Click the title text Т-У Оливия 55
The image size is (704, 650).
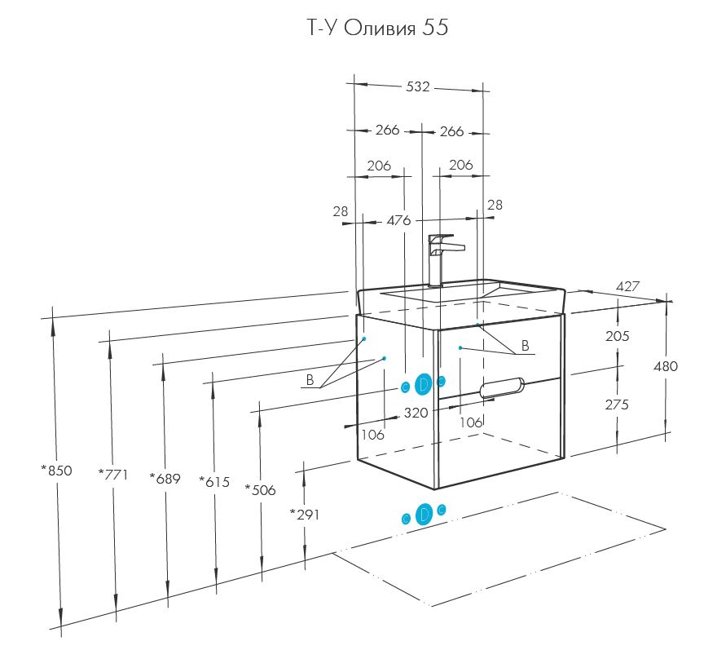pos(376,29)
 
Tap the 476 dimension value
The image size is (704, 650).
pos(398,220)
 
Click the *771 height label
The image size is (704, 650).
pos(113,474)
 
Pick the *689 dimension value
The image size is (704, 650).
pos(165,478)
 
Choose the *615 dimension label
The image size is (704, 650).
pos(214,482)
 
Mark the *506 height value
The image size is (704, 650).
pos(260,490)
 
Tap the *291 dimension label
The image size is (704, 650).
pos(305,515)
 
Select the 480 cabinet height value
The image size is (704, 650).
pos(665,366)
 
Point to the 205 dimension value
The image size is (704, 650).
pos(617,336)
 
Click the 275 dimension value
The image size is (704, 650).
pos(617,404)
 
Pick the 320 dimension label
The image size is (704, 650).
pos(416,413)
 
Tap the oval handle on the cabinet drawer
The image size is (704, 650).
pos(503,388)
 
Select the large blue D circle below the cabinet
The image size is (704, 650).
pos(424,515)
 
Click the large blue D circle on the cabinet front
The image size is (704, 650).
pos(424,384)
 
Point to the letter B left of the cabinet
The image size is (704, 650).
pos(310,380)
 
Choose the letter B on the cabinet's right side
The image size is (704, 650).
pos(526,346)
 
